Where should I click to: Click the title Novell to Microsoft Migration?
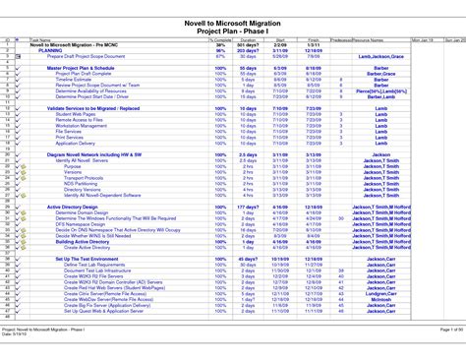233,21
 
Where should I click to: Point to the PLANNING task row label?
51,50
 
